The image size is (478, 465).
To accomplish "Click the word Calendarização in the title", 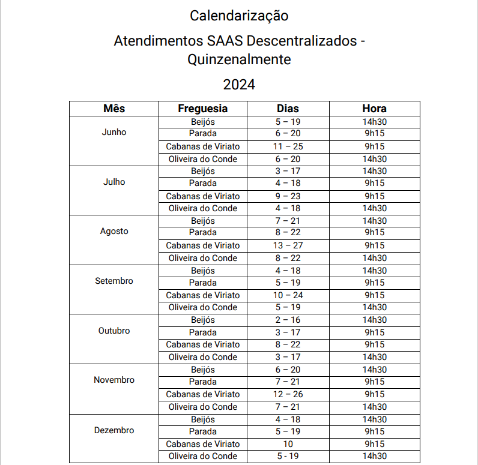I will click(239, 15).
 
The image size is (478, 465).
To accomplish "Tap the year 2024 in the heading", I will click(239, 85).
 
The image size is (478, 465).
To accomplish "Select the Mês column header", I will click(114, 109).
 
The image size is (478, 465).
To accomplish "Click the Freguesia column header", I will click(203, 109).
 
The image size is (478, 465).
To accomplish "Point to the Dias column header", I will click(288, 109).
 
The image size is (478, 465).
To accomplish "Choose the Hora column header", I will click(374, 109).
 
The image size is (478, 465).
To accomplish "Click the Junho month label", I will click(114, 132).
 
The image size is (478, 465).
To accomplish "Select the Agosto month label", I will click(114, 231).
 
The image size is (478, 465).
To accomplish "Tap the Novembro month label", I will click(114, 380).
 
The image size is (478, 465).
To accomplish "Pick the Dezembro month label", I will click(114, 430).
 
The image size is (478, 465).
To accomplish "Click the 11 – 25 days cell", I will click(288, 146).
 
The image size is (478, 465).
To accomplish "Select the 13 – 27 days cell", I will click(288, 245).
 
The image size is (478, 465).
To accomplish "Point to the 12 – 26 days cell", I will click(288, 394).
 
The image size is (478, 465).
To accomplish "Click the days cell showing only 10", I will click(288, 444).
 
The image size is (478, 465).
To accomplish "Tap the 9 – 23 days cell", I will click(288, 196).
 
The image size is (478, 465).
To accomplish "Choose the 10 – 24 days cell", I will click(288, 295).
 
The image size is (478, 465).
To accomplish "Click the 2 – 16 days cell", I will click(288, 320).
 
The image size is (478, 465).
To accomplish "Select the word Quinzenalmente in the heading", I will click(239, 60).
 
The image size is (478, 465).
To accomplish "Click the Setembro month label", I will click(114, 281).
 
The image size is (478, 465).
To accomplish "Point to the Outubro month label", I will click(114, 331).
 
